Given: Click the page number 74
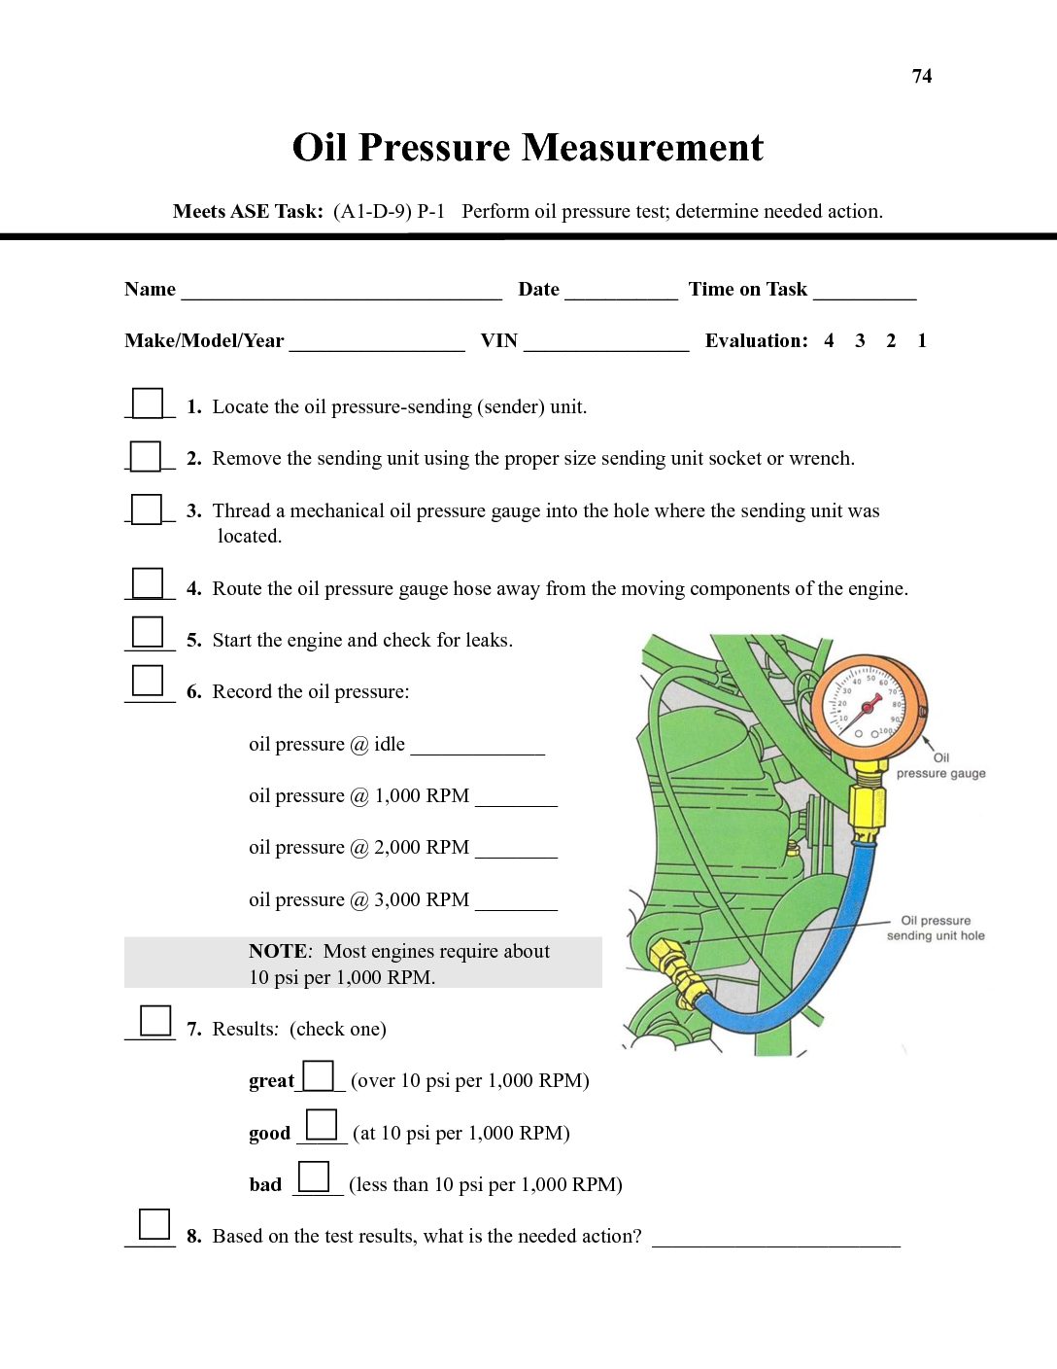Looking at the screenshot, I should click(922, 76).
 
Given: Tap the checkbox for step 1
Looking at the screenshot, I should click(148, 403).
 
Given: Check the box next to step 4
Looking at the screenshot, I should click(148, 583).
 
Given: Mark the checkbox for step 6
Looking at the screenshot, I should click(148, 680).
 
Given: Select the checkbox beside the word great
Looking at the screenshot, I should click(319, 1075).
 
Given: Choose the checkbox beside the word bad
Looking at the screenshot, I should click(314, 1176).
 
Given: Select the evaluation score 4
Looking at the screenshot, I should click(829, 340).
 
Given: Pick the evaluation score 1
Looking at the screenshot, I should click(922, 340).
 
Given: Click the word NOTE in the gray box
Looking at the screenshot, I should click(278, 951).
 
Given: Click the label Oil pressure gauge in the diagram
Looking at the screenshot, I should click(940, 766).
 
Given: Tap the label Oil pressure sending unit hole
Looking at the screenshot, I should click(936, 928).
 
